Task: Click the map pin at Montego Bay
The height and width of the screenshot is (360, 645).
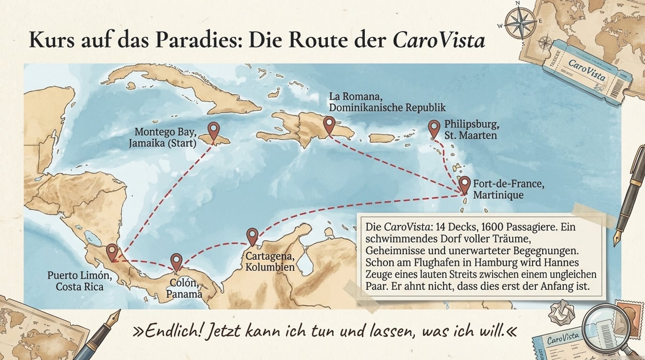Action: point(214,130)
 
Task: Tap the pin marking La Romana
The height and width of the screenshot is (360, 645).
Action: point(330,124)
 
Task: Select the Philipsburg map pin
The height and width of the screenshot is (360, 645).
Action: point(434,127)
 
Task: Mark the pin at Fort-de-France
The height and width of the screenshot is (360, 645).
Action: point(464,184)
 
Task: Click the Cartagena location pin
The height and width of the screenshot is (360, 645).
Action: point(252,236)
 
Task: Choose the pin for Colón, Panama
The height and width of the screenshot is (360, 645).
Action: point(176,261)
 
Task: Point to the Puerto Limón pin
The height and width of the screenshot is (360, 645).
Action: point(112,252)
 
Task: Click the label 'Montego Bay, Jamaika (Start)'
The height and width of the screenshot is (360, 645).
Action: point(163,137)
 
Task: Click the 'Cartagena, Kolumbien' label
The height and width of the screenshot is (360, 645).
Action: point(270,262)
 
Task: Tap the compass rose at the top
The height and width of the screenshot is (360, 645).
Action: point(520,22)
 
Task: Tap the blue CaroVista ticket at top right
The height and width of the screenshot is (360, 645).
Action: point(586,70)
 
